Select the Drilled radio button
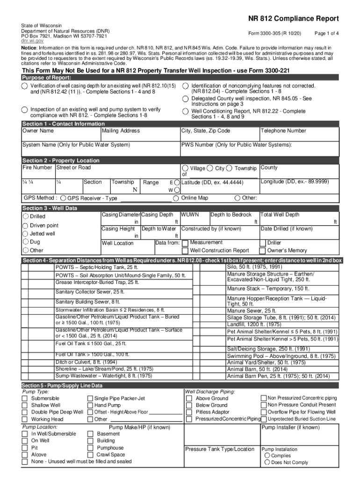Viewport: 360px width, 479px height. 25,217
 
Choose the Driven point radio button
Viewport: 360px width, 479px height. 25,225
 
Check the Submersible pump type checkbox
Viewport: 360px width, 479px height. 25,398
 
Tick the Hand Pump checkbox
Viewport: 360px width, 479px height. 90,405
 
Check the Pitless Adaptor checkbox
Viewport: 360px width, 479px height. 189,412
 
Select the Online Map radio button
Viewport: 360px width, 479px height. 176,198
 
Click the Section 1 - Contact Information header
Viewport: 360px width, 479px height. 64,124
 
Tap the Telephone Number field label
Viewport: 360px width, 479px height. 283,131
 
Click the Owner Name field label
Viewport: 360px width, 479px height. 38,131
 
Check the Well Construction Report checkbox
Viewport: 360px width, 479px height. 185,250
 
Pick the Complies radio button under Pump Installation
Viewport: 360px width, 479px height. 267,455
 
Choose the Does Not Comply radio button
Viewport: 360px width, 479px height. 267,462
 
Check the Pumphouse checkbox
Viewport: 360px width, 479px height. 90,448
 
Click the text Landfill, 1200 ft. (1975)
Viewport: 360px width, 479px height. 254,324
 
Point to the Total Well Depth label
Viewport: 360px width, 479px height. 280,215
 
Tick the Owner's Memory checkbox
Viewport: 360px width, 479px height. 263,250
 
